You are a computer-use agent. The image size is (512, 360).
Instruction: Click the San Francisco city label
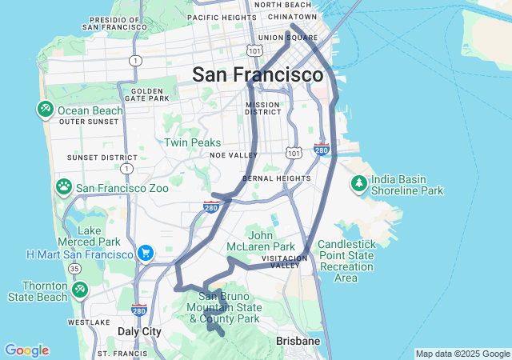257,75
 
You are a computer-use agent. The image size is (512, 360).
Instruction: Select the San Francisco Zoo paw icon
64,187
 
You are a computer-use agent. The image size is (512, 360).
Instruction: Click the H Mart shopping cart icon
145,254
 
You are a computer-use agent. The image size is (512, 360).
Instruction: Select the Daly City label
139,331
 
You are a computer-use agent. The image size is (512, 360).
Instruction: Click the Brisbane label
298,341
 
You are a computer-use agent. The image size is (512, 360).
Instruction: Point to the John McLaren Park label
271,241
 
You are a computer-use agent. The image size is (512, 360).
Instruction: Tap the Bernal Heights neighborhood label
275,178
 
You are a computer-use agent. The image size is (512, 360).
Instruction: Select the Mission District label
263,108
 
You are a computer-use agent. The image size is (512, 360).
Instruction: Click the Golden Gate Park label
149,94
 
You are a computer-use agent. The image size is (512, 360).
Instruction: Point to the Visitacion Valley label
286,262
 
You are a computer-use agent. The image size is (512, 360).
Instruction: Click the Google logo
26,350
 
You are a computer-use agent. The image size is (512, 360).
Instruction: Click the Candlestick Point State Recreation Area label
345,261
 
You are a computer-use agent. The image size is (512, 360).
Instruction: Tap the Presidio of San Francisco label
116,23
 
